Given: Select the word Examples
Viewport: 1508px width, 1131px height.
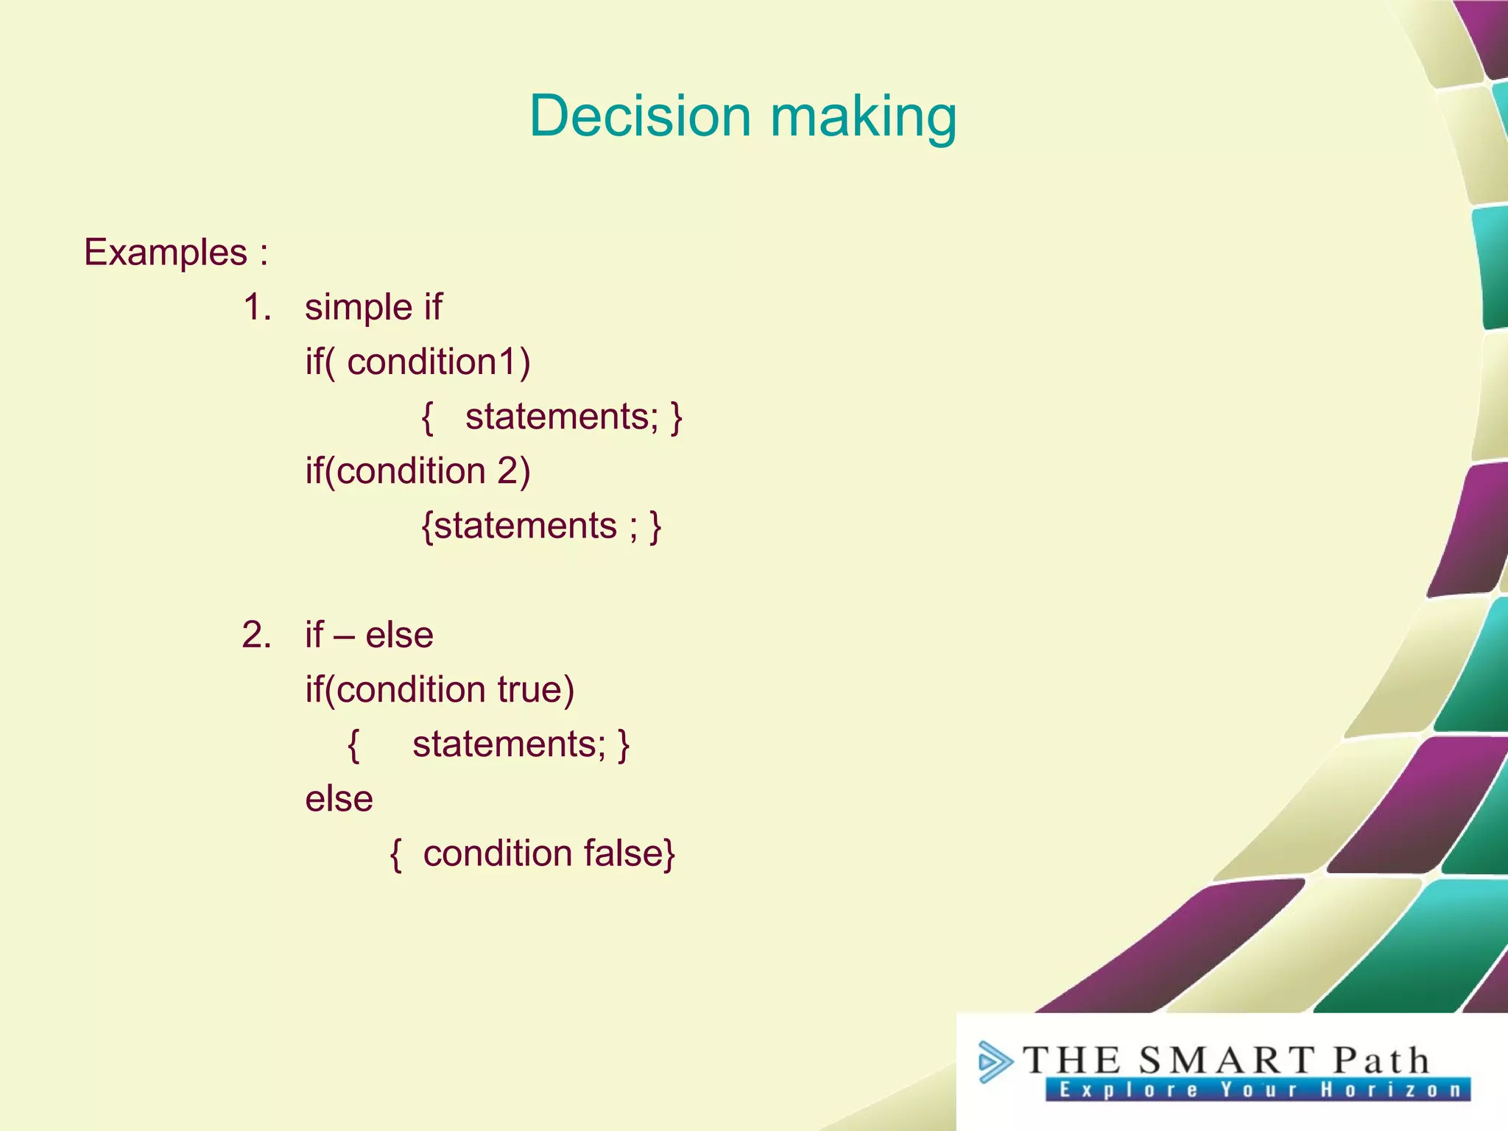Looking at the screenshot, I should tap(166, 253).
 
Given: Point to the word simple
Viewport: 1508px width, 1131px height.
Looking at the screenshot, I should tap(358, 308).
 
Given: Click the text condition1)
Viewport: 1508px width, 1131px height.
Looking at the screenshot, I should tap(438, 362).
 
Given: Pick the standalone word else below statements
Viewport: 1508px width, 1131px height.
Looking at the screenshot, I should tap(339, 799).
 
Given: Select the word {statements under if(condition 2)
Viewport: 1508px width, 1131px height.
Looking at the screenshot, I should tap(519, 526).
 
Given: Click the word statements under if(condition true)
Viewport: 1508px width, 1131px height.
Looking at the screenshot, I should tap(509, 744).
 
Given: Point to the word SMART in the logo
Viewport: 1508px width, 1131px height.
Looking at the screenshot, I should tap(1226, 1061).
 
